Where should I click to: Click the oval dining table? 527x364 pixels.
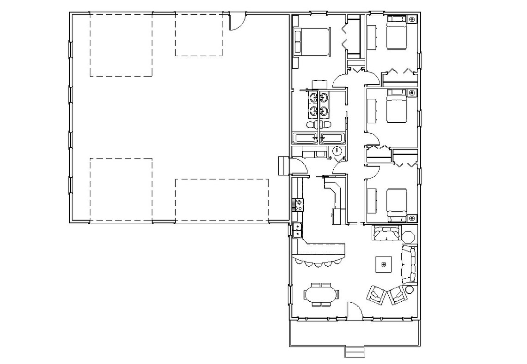[x=322, y=294]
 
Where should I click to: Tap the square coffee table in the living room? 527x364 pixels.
[x=383, y=264]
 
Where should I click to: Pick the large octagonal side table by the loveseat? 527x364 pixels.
[x=409, y=234]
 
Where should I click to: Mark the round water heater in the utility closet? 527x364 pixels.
[x=337, y=151]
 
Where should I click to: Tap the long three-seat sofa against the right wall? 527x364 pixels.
[x=409, y=264]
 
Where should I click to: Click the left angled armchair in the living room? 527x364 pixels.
[x=376, y=295]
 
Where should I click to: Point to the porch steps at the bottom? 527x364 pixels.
[x=355, y=352]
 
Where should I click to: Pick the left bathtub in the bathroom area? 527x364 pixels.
[x=305, y=138]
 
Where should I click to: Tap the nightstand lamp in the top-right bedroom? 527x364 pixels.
[x=412, y=19]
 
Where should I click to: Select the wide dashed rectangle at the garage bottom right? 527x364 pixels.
[x=222, y=200]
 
